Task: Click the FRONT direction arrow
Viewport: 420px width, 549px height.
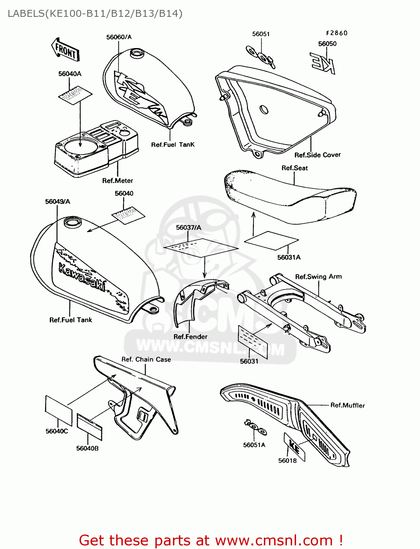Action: pos(65,49)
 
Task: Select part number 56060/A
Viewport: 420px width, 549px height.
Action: pos(119,37)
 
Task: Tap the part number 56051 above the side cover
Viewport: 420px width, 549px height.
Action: pos(261,34)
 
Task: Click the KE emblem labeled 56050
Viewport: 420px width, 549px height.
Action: pos(323,63)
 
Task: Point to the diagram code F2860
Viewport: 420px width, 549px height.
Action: pos(337,33)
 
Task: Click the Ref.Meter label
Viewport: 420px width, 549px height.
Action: pos(117,180)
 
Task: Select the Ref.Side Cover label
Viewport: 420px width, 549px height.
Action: pos(317,155)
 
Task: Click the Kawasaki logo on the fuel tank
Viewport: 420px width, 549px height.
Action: pos(82,277)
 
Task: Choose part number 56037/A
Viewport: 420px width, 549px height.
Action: pos(188,227)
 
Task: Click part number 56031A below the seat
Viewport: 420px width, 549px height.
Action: pos(289,257)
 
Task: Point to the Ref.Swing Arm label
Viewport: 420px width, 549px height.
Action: pos(318,277)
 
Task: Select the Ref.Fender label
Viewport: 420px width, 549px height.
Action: pos(190,337)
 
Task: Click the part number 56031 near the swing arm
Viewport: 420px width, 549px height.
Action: pos(249,361)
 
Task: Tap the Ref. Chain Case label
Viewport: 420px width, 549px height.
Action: pos(146,359)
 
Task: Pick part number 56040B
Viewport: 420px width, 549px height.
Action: pos(87,448)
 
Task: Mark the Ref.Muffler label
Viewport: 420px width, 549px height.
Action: pos(347,405)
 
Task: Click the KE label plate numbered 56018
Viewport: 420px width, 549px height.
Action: pos(295,447)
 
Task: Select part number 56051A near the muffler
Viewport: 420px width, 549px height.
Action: pos(254,445)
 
